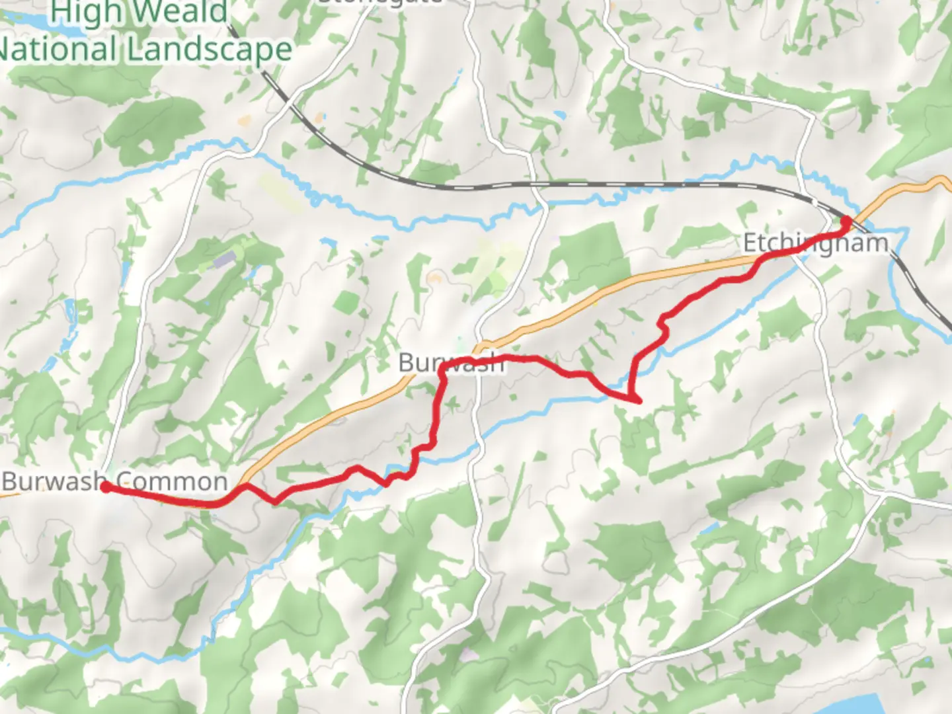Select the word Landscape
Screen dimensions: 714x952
pos(211,50)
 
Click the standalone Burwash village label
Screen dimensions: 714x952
pos(451,362)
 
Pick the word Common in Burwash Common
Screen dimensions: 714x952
pos(172,481)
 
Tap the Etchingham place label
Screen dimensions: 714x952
pos(816,243)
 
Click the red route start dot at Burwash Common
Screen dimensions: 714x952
pos(105,488)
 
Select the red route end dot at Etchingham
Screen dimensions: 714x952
pos(845,221)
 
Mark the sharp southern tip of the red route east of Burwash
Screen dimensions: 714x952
pos(638,401)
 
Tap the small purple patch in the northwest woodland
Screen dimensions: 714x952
pos(223,259)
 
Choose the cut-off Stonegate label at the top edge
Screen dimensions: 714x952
pos(380,2)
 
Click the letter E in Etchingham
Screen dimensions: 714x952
pos(749,243)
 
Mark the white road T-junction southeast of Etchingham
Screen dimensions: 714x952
pos(883,492)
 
